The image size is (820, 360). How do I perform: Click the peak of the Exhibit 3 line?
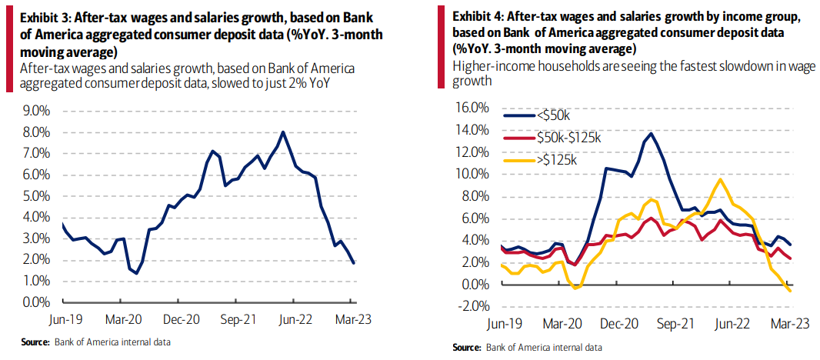click(x=283, y=132)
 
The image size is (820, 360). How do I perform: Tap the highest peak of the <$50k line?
click(x=652, y=134)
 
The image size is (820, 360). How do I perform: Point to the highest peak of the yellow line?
click(x=719, y=180)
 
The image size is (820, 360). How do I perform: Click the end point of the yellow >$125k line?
click(x=790, y=290)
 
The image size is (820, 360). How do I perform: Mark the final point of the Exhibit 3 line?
click(x=354, y=263)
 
